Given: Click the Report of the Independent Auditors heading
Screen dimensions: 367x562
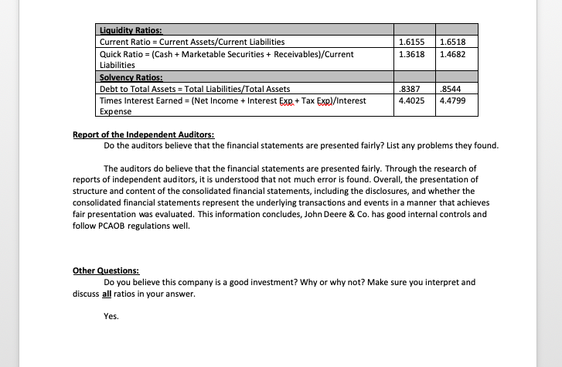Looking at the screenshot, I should click(143, 134).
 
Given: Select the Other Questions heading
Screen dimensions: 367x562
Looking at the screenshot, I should click(106, 270).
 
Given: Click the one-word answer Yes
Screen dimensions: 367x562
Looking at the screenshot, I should click(111, 316).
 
